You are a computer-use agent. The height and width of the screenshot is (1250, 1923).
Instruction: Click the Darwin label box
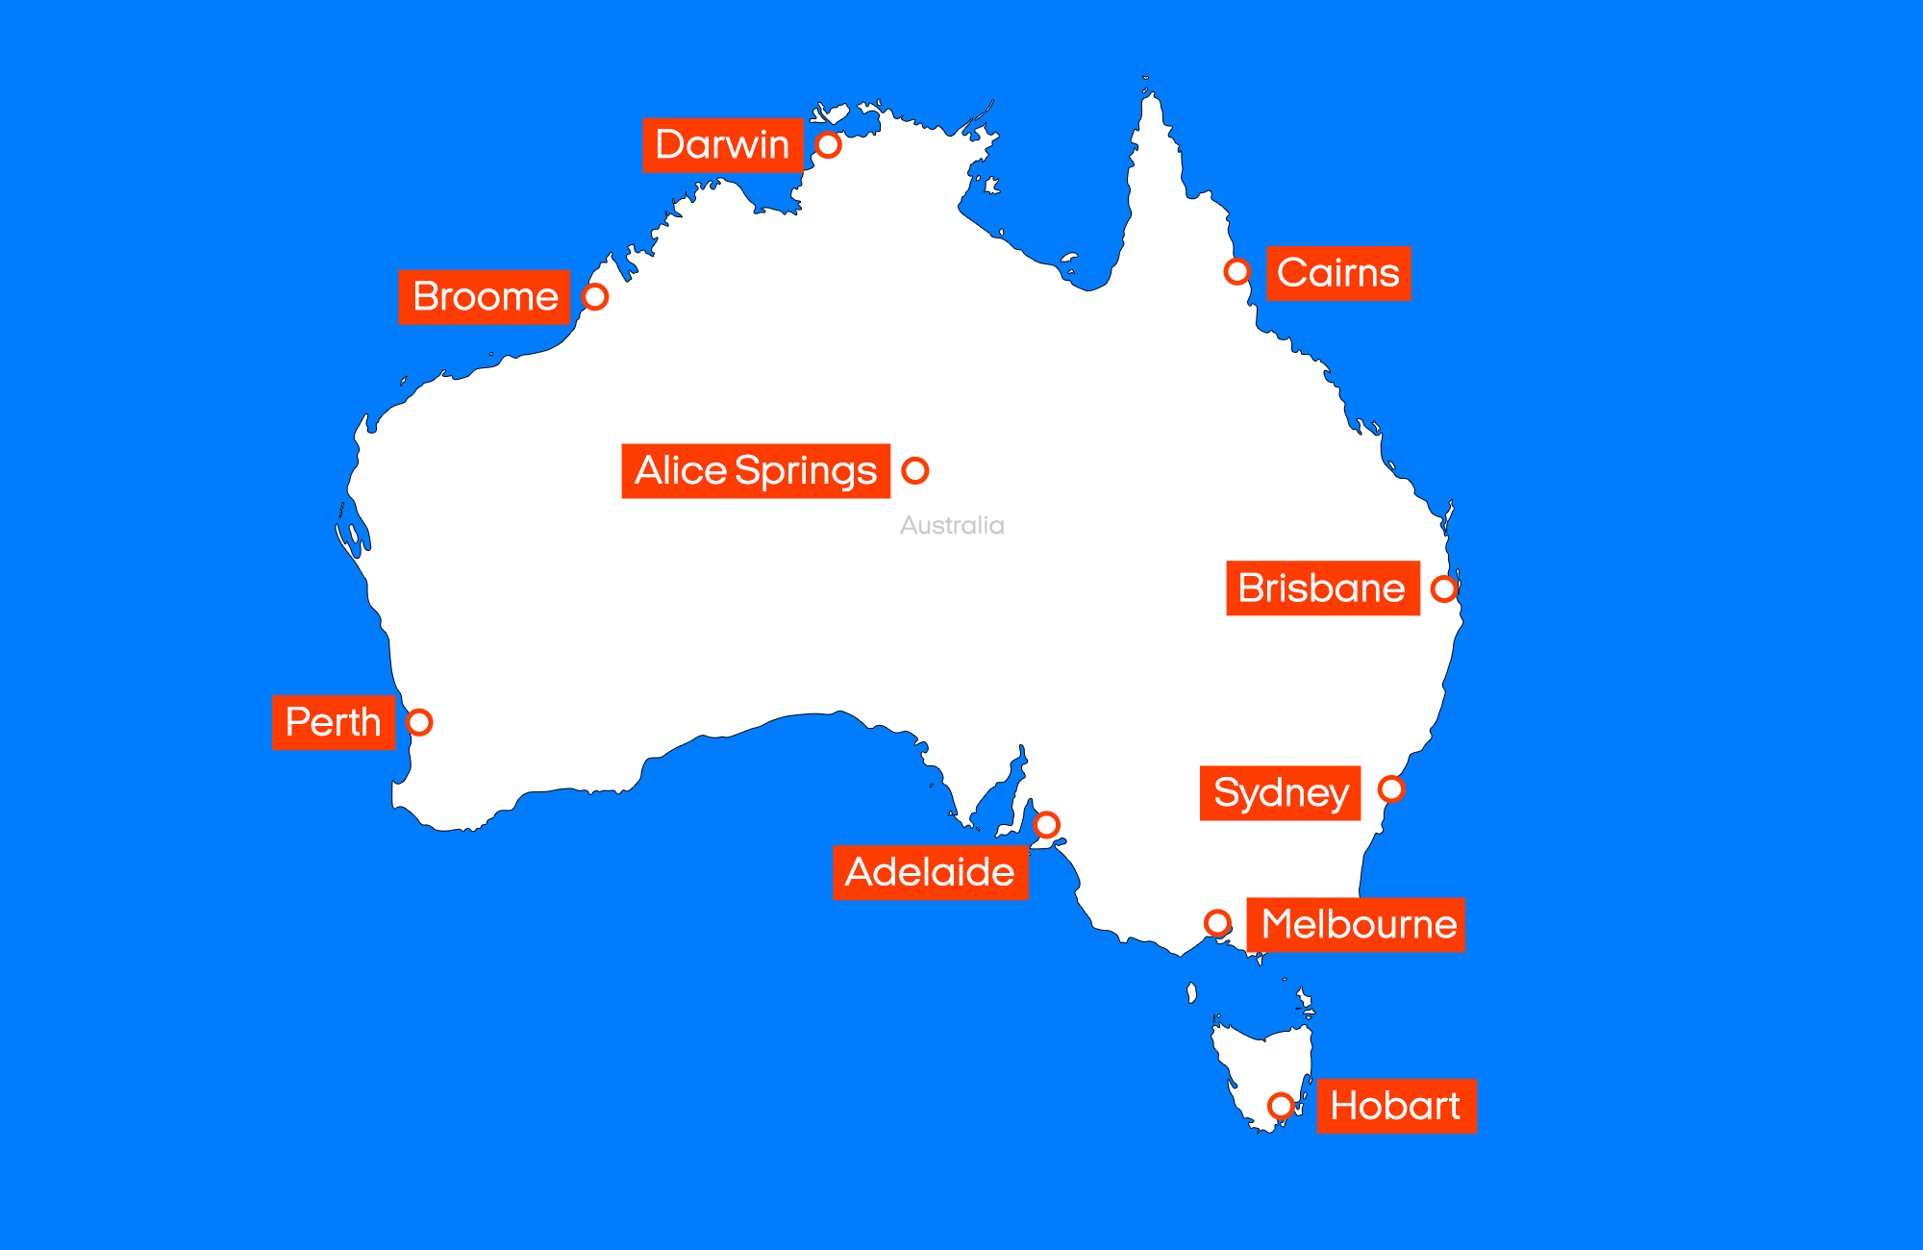click(722, 145)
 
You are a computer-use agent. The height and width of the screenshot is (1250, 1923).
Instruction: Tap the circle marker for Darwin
click(828, 145)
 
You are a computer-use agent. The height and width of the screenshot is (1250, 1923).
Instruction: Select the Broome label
click(485, 297)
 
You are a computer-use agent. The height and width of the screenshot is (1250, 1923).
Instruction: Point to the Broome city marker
click(595, 297)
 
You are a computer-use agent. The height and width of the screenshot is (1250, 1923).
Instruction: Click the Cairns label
click(1338, 274)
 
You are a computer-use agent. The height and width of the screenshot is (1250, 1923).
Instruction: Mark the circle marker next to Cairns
click(1237, 272)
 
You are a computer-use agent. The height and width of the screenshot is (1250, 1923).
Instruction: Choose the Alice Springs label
click(756, 471)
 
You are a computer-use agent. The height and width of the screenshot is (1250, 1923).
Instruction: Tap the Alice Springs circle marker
click(915, 470)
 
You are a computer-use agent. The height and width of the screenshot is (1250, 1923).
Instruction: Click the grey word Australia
click(952, 526)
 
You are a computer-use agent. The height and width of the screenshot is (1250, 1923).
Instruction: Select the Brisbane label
click(1322, 588)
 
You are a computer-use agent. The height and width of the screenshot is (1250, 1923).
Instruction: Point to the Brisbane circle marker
click(1444, 588)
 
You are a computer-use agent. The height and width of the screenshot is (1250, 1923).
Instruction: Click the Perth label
click(334, 722)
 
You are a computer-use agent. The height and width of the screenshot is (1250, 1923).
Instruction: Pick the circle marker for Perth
click(419, 722)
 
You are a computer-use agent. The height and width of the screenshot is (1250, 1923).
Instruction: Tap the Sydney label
click(1280, 793)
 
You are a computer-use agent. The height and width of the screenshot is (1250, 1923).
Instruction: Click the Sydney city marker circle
click(1391, 789)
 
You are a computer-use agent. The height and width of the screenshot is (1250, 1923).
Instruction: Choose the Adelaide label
click(930, 873)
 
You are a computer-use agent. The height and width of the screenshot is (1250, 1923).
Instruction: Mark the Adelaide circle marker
click(1047, 825)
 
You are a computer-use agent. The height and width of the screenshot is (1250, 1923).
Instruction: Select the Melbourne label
click(1356, 925)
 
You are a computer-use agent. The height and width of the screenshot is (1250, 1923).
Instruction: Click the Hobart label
click(1396, 1107)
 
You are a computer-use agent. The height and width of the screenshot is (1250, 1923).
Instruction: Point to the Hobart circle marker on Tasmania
click(1281, 1106)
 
